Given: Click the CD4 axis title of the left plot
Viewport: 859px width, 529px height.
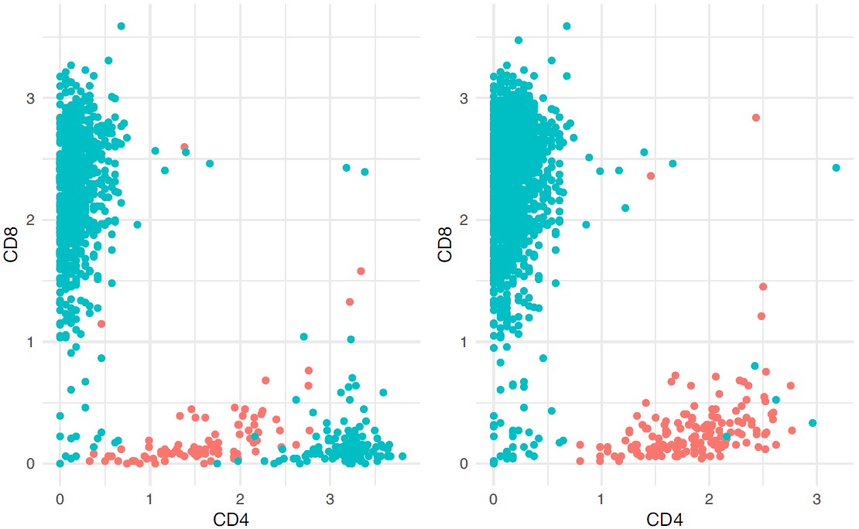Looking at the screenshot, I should (x=231, y=520).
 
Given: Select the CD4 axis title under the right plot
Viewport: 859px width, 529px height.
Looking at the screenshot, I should (x=664, y=520).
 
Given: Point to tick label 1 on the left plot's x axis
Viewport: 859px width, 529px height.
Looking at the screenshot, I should (x=150, y=495).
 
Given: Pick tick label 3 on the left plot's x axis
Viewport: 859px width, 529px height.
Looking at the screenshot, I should (x=330, y=495).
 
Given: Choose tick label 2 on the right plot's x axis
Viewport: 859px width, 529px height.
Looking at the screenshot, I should (x=709, y=495).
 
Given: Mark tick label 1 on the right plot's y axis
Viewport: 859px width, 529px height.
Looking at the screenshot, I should (x=465, y=342).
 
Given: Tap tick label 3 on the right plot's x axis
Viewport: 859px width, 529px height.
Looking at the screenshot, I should (x=816, y=495).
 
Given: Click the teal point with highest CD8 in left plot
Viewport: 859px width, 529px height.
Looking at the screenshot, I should (x=121, y=26).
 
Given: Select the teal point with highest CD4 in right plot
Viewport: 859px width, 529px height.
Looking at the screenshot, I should (x=836, y=168).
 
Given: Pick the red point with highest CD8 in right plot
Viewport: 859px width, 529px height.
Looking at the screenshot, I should (x=756, y=118).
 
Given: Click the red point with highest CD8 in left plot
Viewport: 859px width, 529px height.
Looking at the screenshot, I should (x=184, y=147).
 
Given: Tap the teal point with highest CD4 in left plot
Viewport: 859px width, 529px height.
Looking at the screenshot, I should (x=402, y=456).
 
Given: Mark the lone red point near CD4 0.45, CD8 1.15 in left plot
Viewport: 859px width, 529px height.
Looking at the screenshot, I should (x=101, y=324).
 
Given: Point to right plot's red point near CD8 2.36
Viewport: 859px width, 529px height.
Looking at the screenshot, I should (x=651, y=176).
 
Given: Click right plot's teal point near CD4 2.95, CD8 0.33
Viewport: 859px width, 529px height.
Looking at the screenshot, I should (x=813, y=423).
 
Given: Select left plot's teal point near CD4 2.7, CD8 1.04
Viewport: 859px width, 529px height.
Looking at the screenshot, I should (x=303, y=336).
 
